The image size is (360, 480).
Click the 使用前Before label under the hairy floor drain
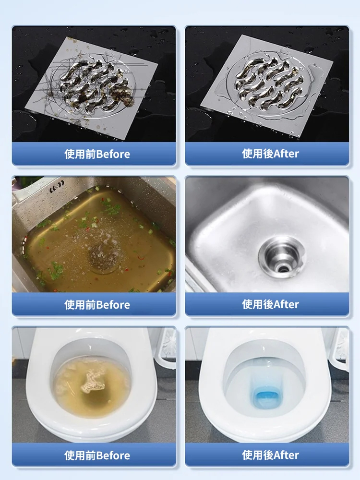click(97, 154)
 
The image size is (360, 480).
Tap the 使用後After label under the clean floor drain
click(270, 154)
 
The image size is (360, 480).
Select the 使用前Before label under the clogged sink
click(97, 305)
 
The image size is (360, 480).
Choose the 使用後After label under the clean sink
click(270, 304)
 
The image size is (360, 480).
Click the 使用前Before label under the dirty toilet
click(97, 456)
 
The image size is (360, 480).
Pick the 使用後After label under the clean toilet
click(270, 455)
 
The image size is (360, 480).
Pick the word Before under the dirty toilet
click(113, 456)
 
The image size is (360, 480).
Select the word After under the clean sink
click(287, 304)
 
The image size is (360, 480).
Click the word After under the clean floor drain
click(287, 154)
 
